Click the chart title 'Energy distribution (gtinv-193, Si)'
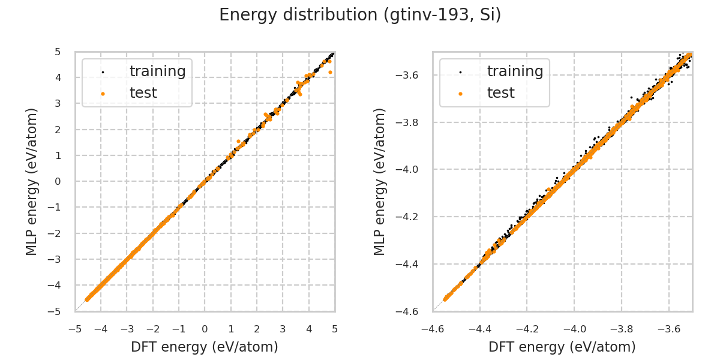360,15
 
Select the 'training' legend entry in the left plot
157,71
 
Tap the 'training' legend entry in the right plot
515,71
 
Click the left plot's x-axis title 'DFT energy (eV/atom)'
205,347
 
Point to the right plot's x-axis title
562,347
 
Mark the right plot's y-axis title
380,181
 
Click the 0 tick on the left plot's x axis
205,329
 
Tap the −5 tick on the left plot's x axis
75,329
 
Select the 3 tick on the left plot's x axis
283,329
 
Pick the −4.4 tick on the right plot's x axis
479,329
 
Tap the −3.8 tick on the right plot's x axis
622,329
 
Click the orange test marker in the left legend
103,94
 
